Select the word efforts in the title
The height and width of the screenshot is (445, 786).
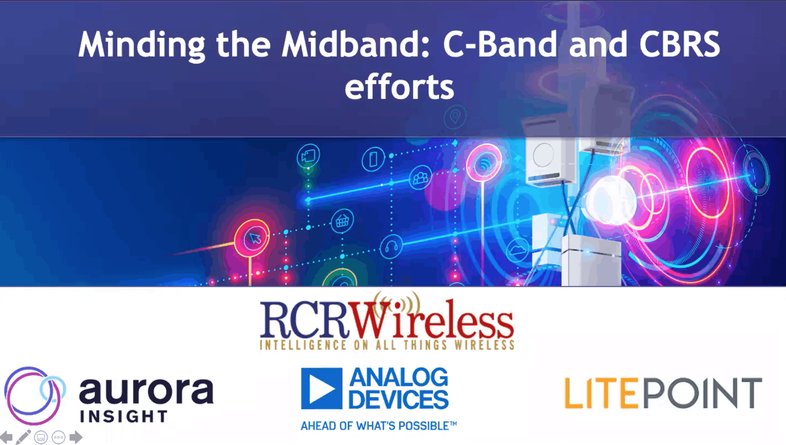[399, 87]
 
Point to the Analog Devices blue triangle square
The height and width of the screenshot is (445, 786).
[321, 388]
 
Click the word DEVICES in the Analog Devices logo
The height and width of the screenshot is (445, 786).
[398, 400]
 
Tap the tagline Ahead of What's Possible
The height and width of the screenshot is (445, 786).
[379, 426]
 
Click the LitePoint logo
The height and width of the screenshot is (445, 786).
[663, 393]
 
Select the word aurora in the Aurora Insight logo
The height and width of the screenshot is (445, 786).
[146, 391]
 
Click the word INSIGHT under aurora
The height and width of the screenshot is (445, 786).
[124, 416]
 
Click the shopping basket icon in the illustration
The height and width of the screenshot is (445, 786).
[342, 221]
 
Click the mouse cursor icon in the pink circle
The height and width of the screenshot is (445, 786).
[254, 238]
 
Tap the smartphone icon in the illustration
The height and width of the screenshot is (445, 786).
[373, 159]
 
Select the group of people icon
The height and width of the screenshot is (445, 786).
[420, 178]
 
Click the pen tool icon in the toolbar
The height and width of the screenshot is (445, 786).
[23, 437]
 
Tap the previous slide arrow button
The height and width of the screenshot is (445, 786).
[6, 437]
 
